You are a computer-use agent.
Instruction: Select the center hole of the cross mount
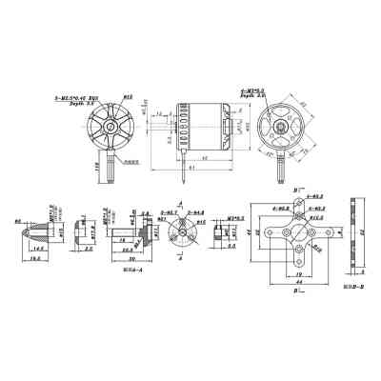(x=299, y=231)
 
